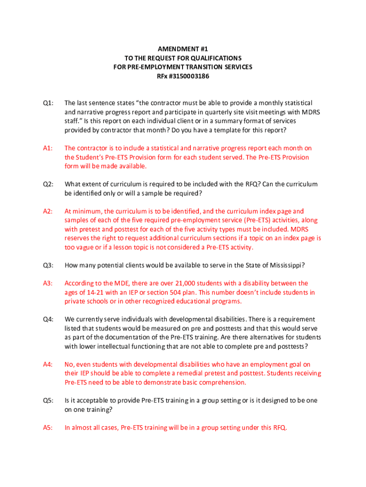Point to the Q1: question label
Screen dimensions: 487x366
pyautogui.click(x=48, y=103)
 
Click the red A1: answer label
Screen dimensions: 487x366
pyautogui.click(x=48, y=148)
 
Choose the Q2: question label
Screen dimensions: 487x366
pyautogui.click(x=48, y=185)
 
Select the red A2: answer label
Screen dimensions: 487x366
pyautogui.click(x=48, y=212)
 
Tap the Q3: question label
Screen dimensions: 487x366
pyautogui.click(x=48, y=265)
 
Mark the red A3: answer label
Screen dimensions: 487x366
pyautogui.click(x=48, y=283)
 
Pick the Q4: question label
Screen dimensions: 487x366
pyautogui.click(x=48, y=320)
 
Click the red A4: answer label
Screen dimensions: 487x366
pyautogui.click(x=48, y=365)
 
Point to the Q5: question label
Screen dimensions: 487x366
pyautogui.click(x=48, y=401)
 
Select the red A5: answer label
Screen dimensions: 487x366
pyautogui.click(x=48, y=428)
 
